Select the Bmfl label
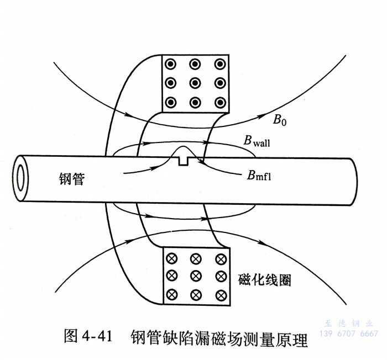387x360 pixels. (x=260, y=176)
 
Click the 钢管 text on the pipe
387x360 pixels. (x=71, y=178)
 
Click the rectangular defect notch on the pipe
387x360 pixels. (x=185, y=161)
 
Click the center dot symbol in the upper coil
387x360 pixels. (x=195, y=83)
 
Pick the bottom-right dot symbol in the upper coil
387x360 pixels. (x=219, y=102)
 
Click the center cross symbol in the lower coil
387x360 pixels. (x=195, y=275)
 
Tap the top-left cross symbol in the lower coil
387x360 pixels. (x=171, y=257)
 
